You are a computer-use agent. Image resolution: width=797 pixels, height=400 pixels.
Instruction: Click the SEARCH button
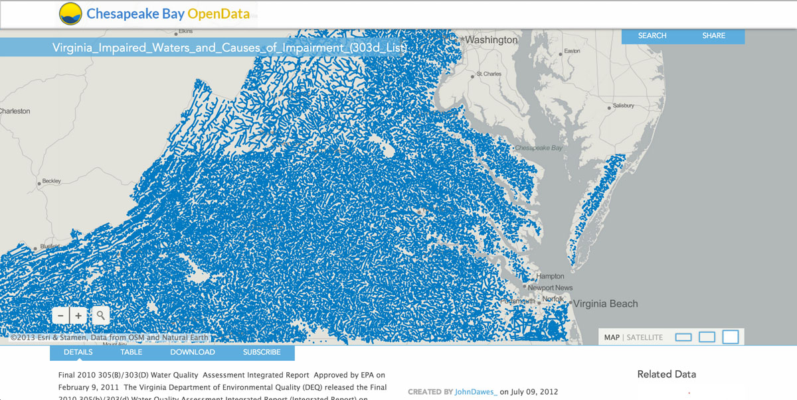click(x=652, y=36)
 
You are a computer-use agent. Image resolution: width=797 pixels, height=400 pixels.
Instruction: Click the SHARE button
click(x=713, y=36)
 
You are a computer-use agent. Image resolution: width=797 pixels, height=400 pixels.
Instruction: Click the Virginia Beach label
click(x=605, y=304)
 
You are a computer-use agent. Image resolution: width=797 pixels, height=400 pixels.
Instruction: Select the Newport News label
click(x=550, y=288)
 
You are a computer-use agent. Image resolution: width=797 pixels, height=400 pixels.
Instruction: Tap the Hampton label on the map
click(x=550, y=276)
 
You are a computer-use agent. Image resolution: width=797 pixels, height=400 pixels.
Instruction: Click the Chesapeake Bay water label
click(x=539, y=148)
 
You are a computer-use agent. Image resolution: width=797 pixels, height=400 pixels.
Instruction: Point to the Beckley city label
click(x=51, y=181)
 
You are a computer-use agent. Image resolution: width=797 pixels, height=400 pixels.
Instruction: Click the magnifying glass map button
click(x=100, y=316)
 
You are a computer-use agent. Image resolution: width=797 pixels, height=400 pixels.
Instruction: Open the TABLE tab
click(x=132, y=352)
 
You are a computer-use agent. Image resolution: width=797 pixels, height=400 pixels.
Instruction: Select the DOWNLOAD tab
click(x=193, y=352)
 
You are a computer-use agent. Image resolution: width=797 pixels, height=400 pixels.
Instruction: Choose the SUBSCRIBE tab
click(x=262, y=352)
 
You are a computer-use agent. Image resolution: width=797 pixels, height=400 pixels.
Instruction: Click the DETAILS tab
click(x=78, y=352)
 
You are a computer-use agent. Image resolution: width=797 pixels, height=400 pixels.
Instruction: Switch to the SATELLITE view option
click(x=644, y=338)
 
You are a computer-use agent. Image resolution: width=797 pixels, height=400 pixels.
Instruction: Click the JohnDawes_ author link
click(x=476, y=392)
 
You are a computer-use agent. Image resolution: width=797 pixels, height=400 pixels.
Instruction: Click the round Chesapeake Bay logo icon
click(x=70, y=13)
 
